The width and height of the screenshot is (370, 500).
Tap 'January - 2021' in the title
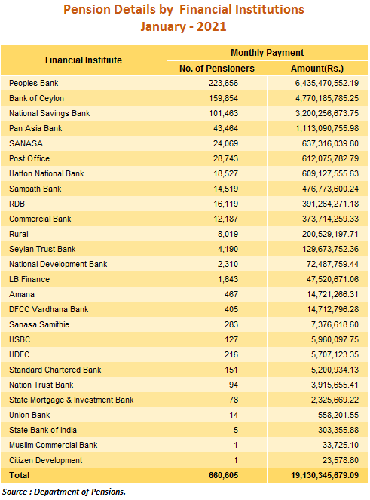(183, 26)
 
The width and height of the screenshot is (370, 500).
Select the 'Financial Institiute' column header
(84, 60)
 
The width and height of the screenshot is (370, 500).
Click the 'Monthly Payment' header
(267, 53)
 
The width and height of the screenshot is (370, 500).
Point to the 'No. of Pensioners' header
(217, 68)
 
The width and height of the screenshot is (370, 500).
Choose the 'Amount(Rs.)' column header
(317, 68)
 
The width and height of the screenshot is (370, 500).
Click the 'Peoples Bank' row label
(33, 83)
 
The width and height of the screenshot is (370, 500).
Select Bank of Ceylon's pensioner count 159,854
(223, 98)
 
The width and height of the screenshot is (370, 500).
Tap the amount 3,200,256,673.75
(326, 113)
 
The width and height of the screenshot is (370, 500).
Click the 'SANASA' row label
(26, 143)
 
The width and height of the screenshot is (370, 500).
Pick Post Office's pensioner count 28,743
(225, 158)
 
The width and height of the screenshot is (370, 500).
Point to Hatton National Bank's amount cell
(330, 173)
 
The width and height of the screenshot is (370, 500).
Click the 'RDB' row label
(17, 204)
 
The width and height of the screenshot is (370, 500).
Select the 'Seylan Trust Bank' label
(42, 249)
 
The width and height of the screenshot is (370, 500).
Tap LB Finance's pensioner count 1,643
(228, 279)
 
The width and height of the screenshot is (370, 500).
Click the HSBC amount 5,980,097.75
(335, 339)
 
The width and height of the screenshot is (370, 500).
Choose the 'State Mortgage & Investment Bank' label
(72, 400)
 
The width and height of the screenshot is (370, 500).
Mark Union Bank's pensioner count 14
(234, 415)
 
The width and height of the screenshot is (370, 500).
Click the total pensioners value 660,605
(223, 475)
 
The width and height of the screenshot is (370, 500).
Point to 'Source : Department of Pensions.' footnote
(64, 492)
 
